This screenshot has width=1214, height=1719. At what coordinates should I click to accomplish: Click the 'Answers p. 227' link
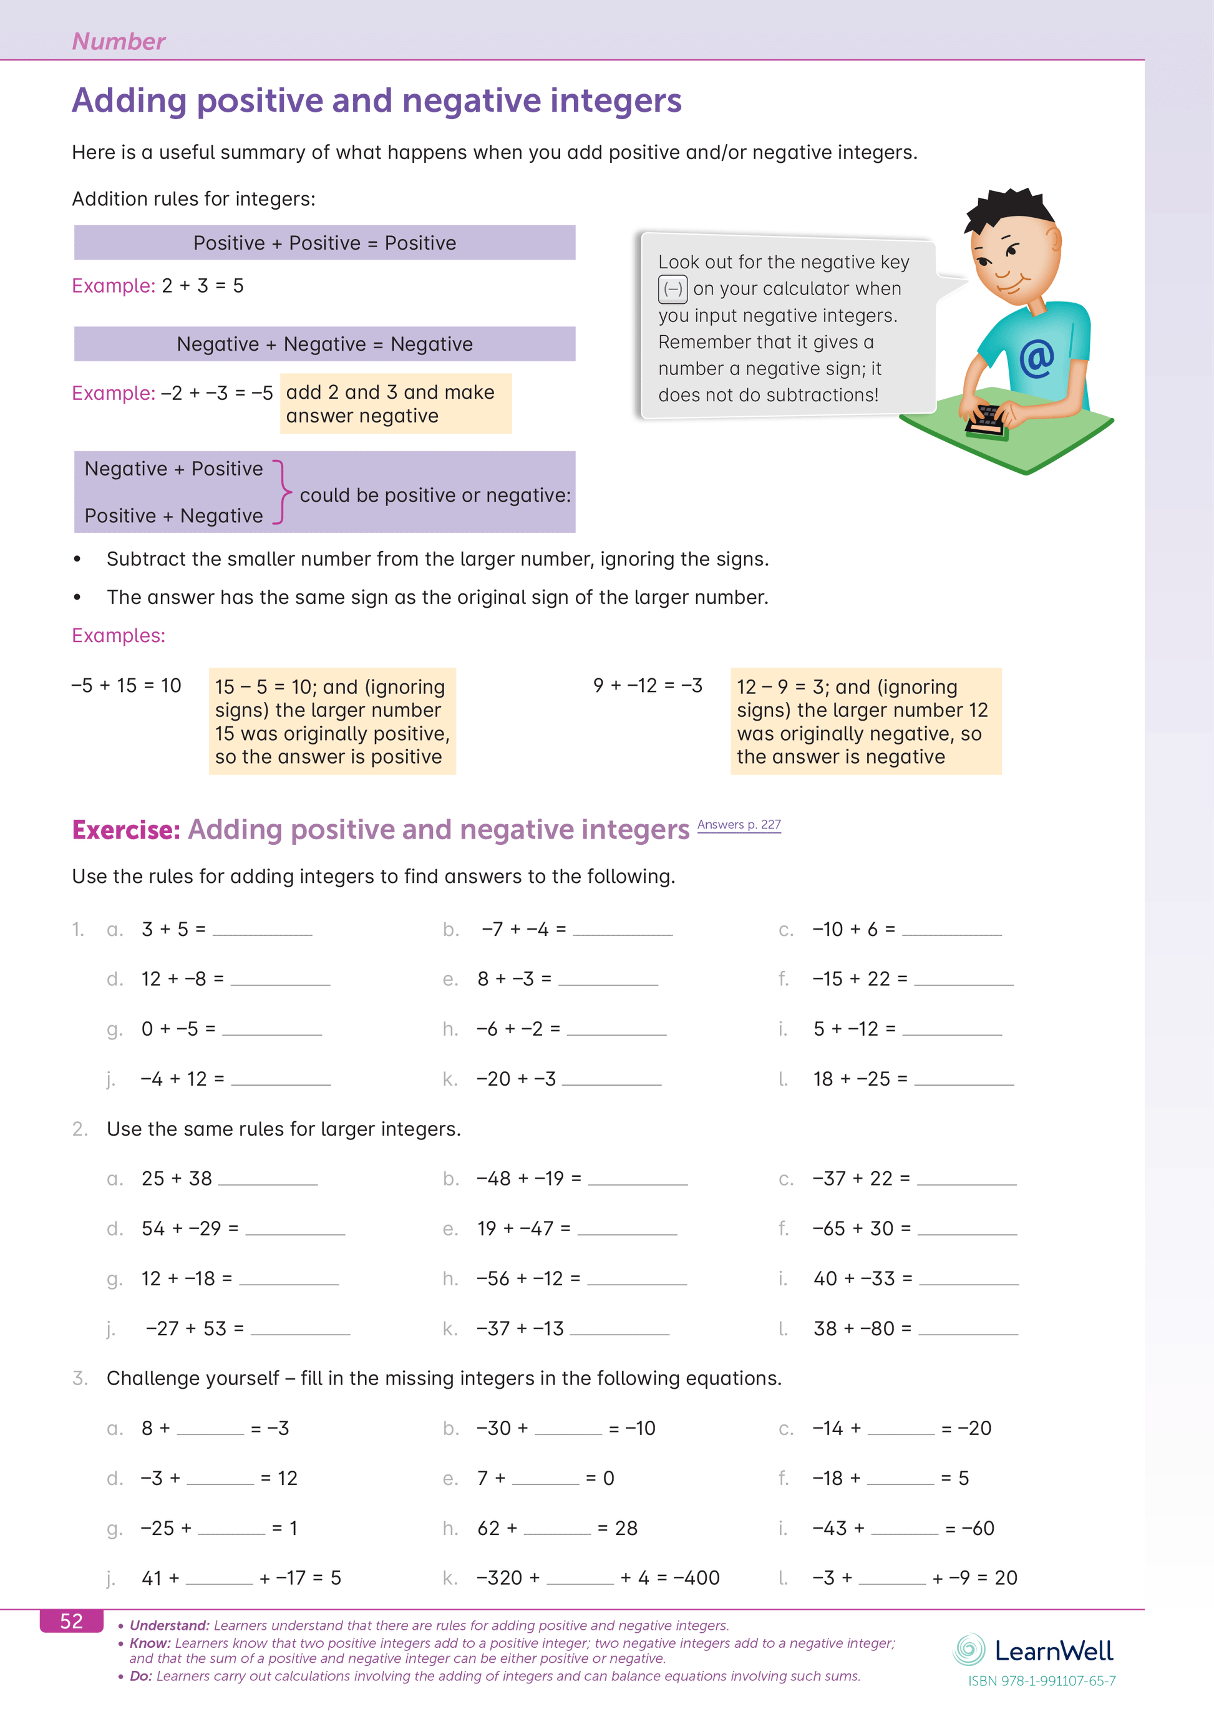coord(739,824)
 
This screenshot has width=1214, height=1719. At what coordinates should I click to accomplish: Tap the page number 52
coord(71,1621)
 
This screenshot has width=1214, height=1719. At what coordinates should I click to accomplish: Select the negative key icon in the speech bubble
coord(672,289)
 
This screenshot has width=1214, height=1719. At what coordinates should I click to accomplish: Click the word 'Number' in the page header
coord(119,42)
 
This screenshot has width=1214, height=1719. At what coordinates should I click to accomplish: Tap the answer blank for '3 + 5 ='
coord(262,930)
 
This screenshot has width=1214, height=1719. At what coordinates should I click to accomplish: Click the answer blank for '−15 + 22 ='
coord(963,980)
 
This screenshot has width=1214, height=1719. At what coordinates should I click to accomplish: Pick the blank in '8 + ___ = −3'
coord(210,1429)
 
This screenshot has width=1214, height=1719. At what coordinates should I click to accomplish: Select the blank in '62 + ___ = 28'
coord(557,1529)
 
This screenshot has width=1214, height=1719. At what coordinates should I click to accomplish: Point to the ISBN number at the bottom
coord(1041,1681)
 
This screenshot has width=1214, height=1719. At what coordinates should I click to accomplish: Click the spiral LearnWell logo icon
coord(969,1649)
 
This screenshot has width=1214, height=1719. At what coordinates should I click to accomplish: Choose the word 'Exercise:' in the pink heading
coord(126,830)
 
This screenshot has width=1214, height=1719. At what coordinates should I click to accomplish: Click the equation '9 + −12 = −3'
coord(648,686)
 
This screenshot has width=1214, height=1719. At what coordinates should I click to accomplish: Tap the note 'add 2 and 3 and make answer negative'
coord(395,404)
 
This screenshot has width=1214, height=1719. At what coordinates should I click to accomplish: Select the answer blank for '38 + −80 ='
coord(968,1330)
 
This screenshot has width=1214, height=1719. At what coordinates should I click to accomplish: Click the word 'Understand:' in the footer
coord(169,1625)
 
